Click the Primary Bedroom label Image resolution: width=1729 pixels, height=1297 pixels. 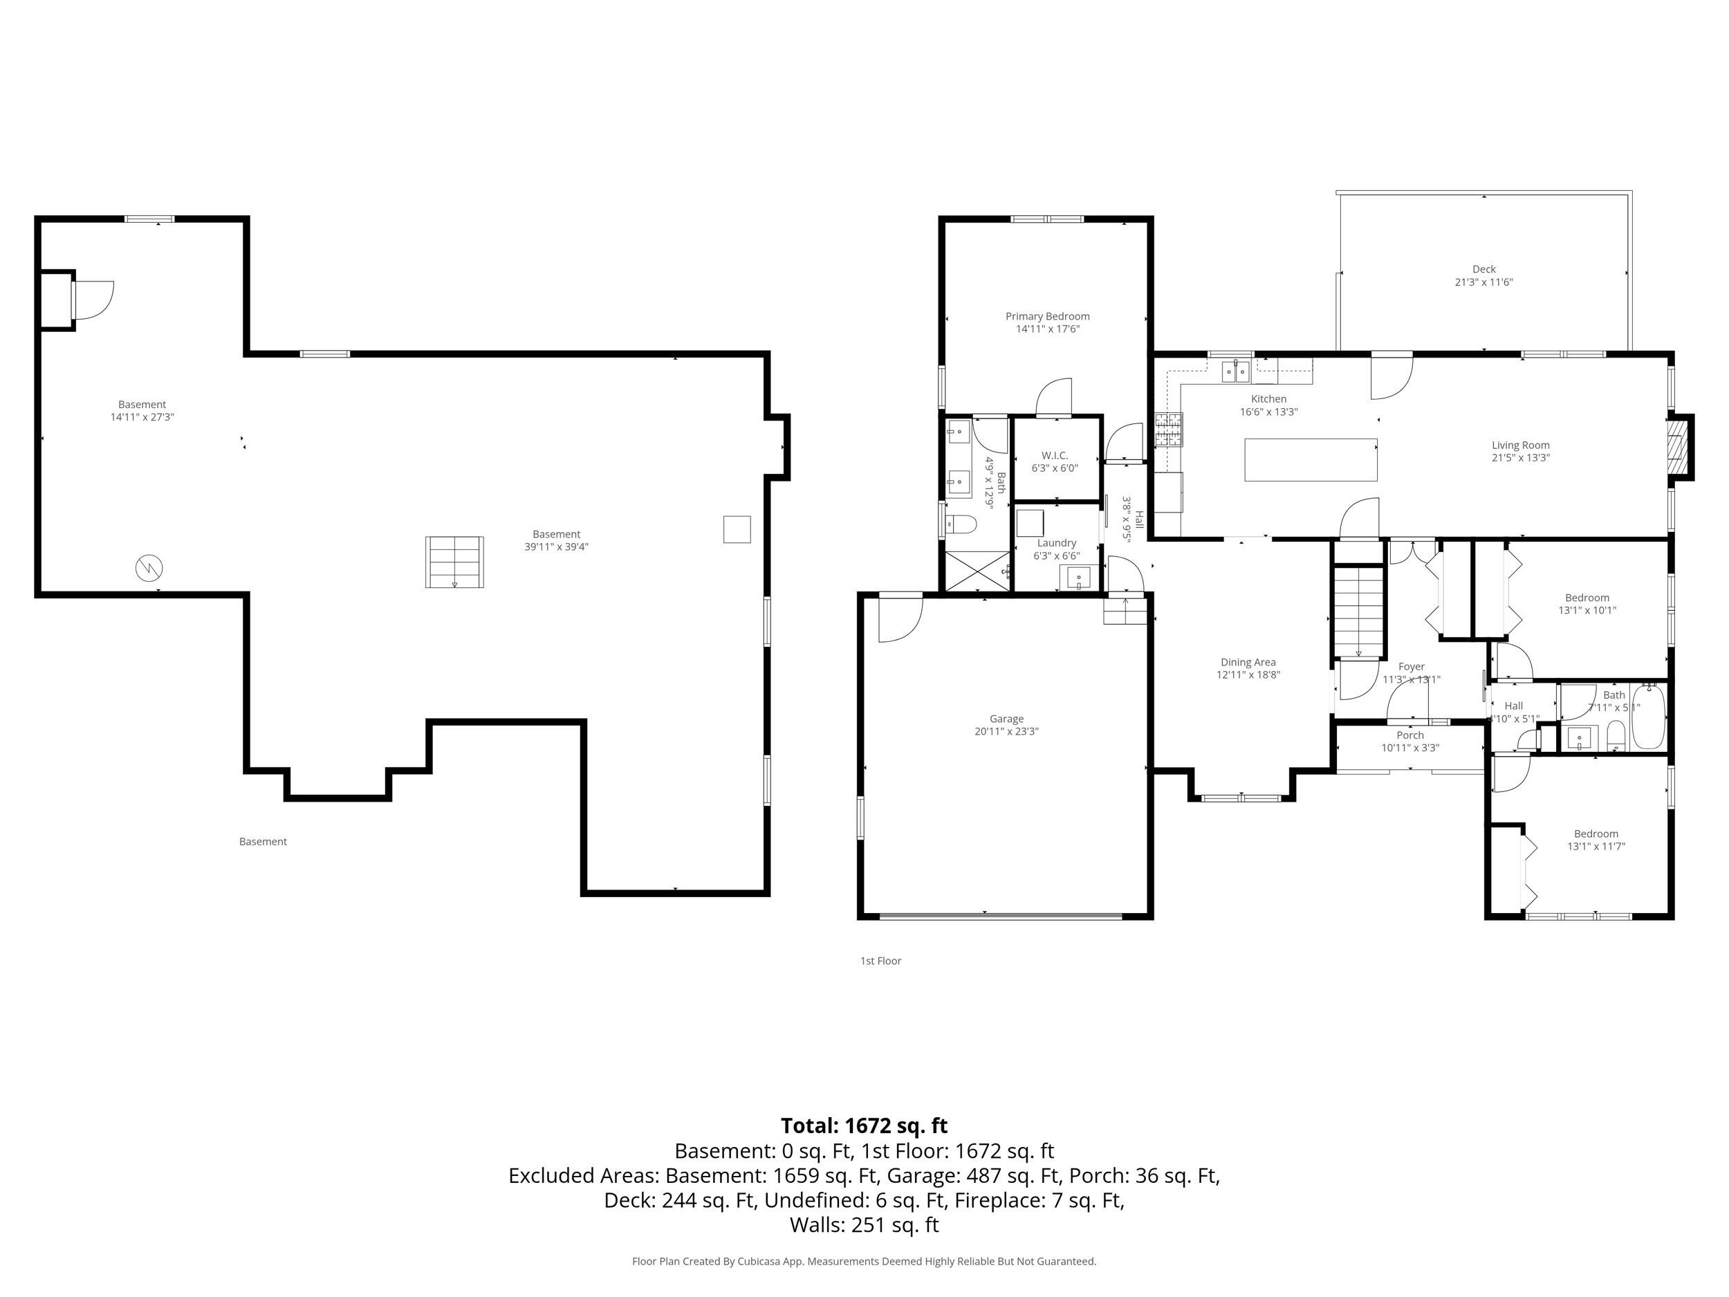[1046, 316]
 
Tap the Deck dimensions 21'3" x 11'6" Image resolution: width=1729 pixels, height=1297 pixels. [1483, 282]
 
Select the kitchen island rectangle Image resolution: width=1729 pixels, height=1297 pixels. [1310, 460]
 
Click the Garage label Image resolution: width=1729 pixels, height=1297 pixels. [1006, 719]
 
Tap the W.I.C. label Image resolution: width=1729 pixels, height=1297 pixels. [1054, 455]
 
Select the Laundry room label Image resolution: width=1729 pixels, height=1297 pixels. [1056, 542]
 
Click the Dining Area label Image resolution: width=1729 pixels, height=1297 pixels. [1248, 662]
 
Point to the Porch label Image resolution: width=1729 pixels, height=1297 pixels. [1409, 735]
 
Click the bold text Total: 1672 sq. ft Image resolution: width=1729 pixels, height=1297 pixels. [864, 1125]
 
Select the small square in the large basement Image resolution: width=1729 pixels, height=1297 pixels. [737, 529]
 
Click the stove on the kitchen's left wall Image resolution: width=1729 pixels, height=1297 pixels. [1169, 429]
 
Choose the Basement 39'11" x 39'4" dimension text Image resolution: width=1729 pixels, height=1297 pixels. [556, 547]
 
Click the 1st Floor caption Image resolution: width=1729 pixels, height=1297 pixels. [880, 961]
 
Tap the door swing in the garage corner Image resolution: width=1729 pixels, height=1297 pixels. [899, 618]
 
